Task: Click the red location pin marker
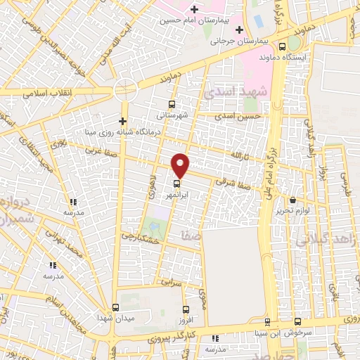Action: click(181, 165)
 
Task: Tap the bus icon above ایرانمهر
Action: click(176, 186)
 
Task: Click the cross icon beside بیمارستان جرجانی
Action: click(239, 30)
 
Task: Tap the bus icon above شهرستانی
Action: click(162, 102)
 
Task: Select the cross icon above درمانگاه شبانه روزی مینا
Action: click(123, 120)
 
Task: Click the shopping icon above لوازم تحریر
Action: click(292, 200)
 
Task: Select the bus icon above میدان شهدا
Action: click(115, 307)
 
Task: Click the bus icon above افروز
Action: click(186, 309)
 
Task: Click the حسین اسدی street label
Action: click(239, 114)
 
